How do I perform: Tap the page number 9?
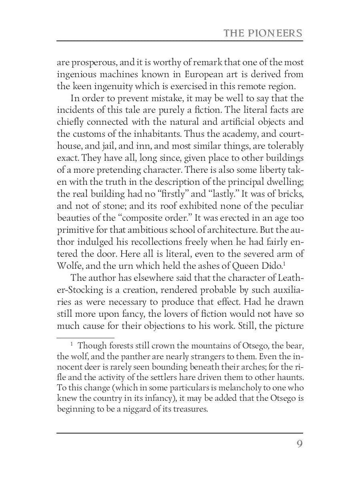point(299,444)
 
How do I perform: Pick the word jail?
point(102,146)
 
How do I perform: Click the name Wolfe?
point(69,266)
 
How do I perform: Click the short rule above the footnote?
point(86,338)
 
